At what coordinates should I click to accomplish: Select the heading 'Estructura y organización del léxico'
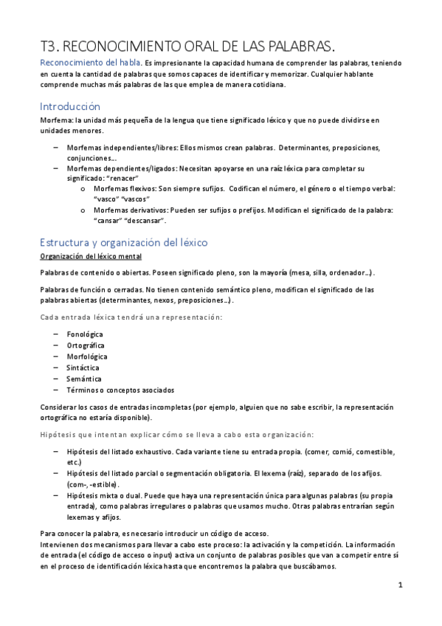point(124,242)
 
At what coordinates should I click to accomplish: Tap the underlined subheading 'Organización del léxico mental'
point(91,256)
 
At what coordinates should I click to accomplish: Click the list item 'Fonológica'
point(85,334)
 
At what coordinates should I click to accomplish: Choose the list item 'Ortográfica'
point(86,345)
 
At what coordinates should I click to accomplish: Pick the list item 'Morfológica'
point(87,357)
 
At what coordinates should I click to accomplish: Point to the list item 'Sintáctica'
point(83,368)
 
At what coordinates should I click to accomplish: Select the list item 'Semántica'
point(83,379)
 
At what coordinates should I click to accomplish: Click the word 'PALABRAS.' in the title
point(286,44)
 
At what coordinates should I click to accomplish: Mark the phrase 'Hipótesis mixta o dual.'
point(107,496)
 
